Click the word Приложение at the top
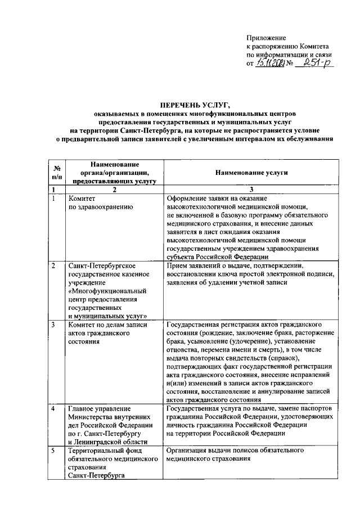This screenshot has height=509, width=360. tap(267, 37)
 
